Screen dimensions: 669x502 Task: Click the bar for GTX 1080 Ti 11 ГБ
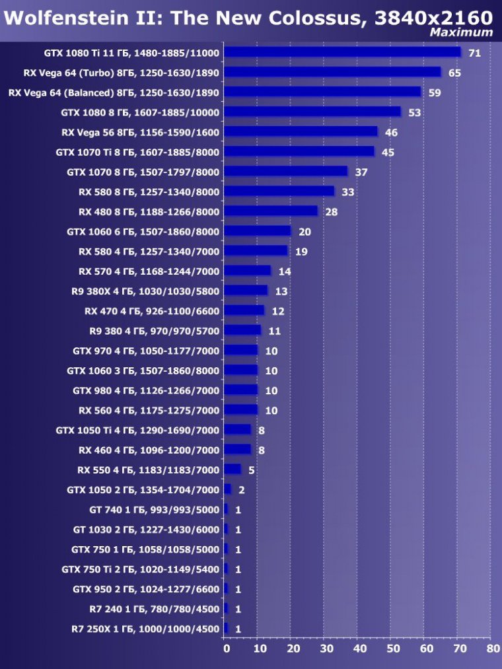coord(342,52)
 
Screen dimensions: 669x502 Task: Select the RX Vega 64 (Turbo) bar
coord(332,72)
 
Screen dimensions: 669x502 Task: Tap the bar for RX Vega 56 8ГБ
coord(301,131)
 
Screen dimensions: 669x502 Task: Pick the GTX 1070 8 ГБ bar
coord(285,171)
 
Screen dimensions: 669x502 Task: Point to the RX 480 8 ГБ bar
coord(271,211)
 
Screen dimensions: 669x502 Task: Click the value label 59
coord(435,92)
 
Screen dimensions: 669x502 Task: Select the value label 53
coord(414,112)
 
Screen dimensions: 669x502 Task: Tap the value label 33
coord(348,192)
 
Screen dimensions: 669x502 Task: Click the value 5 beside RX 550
coord(252,470)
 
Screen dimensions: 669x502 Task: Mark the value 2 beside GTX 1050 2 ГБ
coord(242,490)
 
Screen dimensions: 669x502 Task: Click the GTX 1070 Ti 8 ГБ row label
coord(137,152)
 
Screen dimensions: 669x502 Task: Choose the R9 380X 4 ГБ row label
coord(145,291)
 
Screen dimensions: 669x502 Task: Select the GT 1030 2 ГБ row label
coord(146,530)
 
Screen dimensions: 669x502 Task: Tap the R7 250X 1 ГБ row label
coord(145,629)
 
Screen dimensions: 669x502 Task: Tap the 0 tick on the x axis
coord(227,649)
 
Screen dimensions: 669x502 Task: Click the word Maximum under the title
coord(461,32)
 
